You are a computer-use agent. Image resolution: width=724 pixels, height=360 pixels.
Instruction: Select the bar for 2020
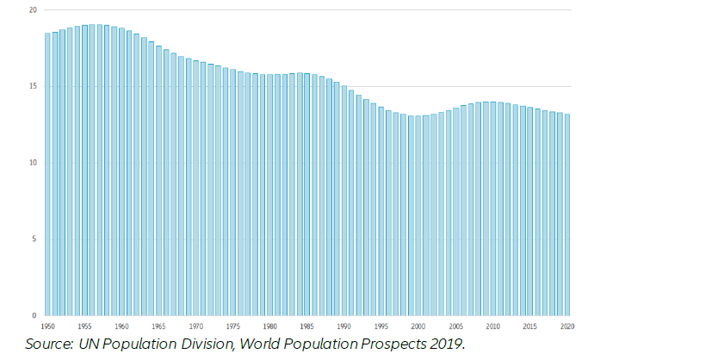567,214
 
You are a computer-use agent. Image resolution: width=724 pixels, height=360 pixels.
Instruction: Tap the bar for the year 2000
418,215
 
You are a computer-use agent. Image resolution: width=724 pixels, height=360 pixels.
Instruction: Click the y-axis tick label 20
32,10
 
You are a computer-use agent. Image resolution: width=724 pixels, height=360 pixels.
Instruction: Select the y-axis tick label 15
32,86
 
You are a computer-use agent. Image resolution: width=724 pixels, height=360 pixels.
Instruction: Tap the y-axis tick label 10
32,163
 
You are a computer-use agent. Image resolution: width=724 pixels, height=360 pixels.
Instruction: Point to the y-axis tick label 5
34,239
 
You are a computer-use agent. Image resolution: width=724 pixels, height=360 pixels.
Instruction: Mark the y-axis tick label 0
34,315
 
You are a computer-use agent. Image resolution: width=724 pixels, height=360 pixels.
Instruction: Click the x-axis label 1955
84,327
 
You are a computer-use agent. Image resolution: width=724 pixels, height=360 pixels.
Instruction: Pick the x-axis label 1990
344,327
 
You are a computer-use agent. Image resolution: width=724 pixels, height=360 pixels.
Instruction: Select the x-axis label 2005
456,327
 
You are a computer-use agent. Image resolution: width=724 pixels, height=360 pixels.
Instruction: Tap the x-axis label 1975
233,327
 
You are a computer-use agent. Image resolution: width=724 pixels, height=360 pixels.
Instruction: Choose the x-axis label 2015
530,327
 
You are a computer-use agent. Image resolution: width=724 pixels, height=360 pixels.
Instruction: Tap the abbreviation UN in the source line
90,344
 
